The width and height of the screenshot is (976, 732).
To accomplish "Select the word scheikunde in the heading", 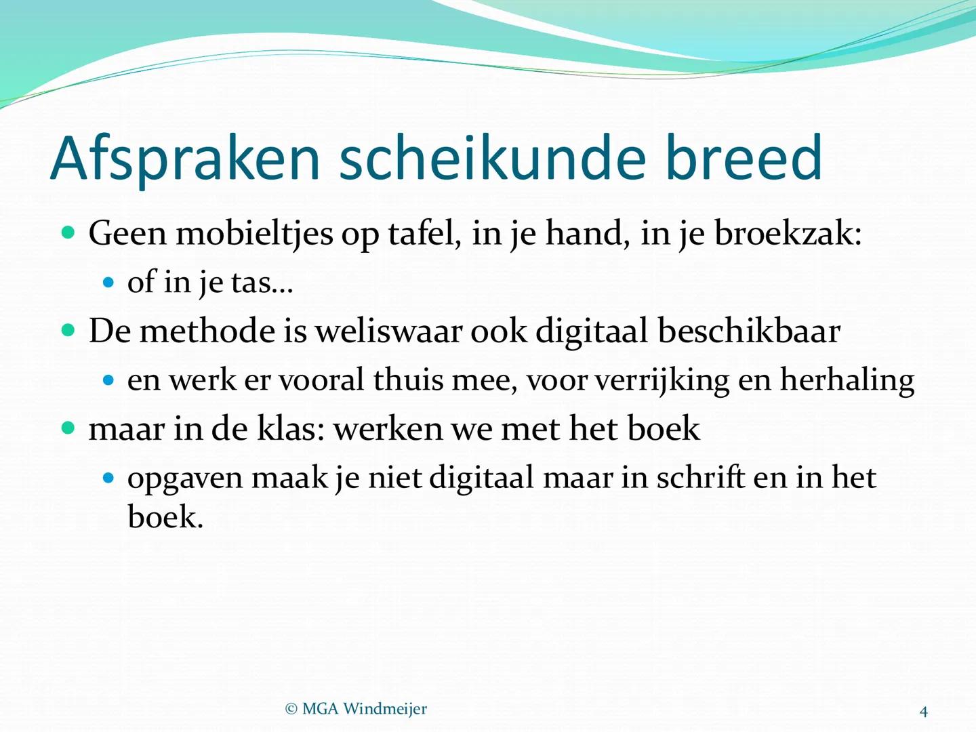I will (x=492, y=158).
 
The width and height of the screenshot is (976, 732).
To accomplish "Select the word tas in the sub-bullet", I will (x=251, y=283).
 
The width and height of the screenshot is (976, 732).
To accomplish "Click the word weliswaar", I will (x=388, y=331).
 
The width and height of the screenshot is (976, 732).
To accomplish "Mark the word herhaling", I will (x=847, y=380).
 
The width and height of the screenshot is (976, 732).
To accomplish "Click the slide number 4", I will (x=923, y=712).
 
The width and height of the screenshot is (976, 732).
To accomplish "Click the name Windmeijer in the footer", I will (x=385, y=709).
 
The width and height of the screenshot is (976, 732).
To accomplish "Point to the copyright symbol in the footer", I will (x=291, y=710).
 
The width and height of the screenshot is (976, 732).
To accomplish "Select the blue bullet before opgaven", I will (x=108, y=478).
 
